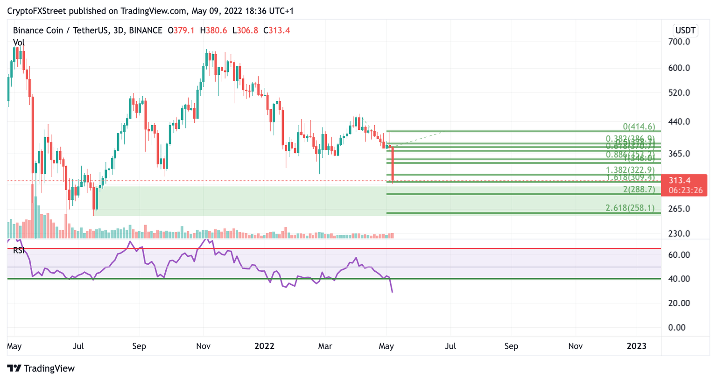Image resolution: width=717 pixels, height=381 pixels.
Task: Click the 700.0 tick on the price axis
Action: coord(679,42)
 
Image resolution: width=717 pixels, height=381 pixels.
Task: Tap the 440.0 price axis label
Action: coord(679,122)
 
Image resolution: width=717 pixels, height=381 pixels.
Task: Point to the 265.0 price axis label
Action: coord(679,209)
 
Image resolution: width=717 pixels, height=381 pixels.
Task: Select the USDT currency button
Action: coord(685,30)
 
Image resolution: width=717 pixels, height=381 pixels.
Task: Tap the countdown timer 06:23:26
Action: coord(685,190)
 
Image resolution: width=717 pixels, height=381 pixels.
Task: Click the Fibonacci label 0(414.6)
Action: coord(639,127)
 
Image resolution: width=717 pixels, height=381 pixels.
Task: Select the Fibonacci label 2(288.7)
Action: coord(639,190)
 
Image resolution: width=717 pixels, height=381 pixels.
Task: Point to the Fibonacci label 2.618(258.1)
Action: coord(630,208)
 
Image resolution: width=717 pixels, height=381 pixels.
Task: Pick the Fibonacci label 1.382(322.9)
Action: coord(630,170)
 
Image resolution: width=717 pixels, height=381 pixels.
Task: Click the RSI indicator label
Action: coord(19,251)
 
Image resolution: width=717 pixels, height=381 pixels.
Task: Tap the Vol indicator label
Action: coord(19,42)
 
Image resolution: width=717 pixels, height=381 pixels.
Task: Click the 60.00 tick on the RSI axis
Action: coord(679,255)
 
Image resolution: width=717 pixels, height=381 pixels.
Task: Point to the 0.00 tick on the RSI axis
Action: coord(677,327)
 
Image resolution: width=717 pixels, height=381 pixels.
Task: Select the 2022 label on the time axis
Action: coord(264,346)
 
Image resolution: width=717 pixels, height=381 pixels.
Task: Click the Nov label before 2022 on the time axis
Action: coord(203,346)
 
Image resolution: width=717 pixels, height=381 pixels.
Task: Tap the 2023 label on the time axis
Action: coord(636,346)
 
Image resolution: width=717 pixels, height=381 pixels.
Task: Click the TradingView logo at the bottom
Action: coord(41,368)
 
